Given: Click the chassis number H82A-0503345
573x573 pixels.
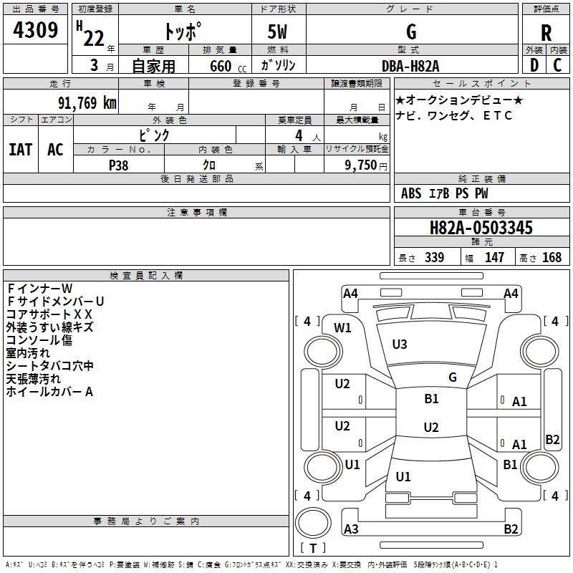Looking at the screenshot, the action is coord(481,228).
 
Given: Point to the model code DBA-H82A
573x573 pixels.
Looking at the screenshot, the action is coord(411,65).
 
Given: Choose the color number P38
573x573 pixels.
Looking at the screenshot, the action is coord(118,165).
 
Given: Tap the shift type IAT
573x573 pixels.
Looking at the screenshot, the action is coord(20,149).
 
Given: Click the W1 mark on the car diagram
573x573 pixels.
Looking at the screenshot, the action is coord(343,328).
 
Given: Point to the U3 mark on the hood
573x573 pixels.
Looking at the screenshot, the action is coord(400,345).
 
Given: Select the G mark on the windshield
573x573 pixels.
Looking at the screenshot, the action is coord(453,377).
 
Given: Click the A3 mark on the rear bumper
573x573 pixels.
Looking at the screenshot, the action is coord(351,529).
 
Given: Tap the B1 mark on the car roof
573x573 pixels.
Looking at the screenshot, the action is coord(431,399).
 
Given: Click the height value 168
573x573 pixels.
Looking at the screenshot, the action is coord(552,257).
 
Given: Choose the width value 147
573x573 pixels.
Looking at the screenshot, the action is coord(494,257).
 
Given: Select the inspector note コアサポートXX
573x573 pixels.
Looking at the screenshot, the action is coord(49,314).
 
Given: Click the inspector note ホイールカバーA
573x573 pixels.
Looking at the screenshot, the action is coord(49,392).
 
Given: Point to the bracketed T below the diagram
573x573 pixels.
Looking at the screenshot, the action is coord(313,548).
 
